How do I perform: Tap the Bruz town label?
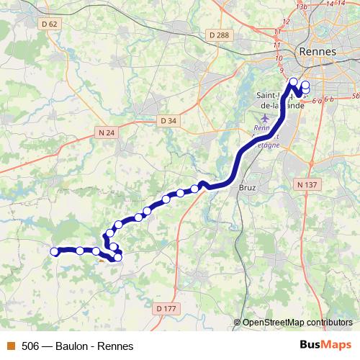coord(247,183)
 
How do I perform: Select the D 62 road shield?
coord(50,24)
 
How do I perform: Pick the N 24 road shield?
coord(105,132)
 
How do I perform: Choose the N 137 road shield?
coord(307,184)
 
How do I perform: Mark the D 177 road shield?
coord(166,308)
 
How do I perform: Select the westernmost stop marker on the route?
coord(54,251)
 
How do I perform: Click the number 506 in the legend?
coord(30,346)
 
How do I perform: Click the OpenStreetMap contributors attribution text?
coord(297,322)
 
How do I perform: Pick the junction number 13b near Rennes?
coord(302,6)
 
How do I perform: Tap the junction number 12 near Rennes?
coord(286,22)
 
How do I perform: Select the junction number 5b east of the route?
coord(356,95)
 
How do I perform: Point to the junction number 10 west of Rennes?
coord(279,57)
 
